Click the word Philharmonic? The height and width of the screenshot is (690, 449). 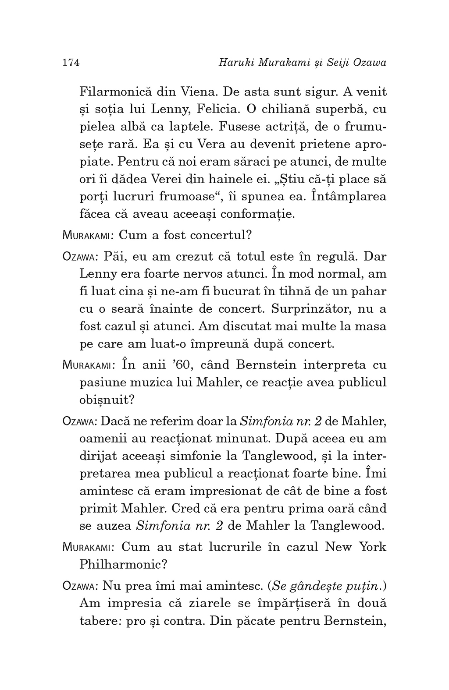[x=124, y=564]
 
